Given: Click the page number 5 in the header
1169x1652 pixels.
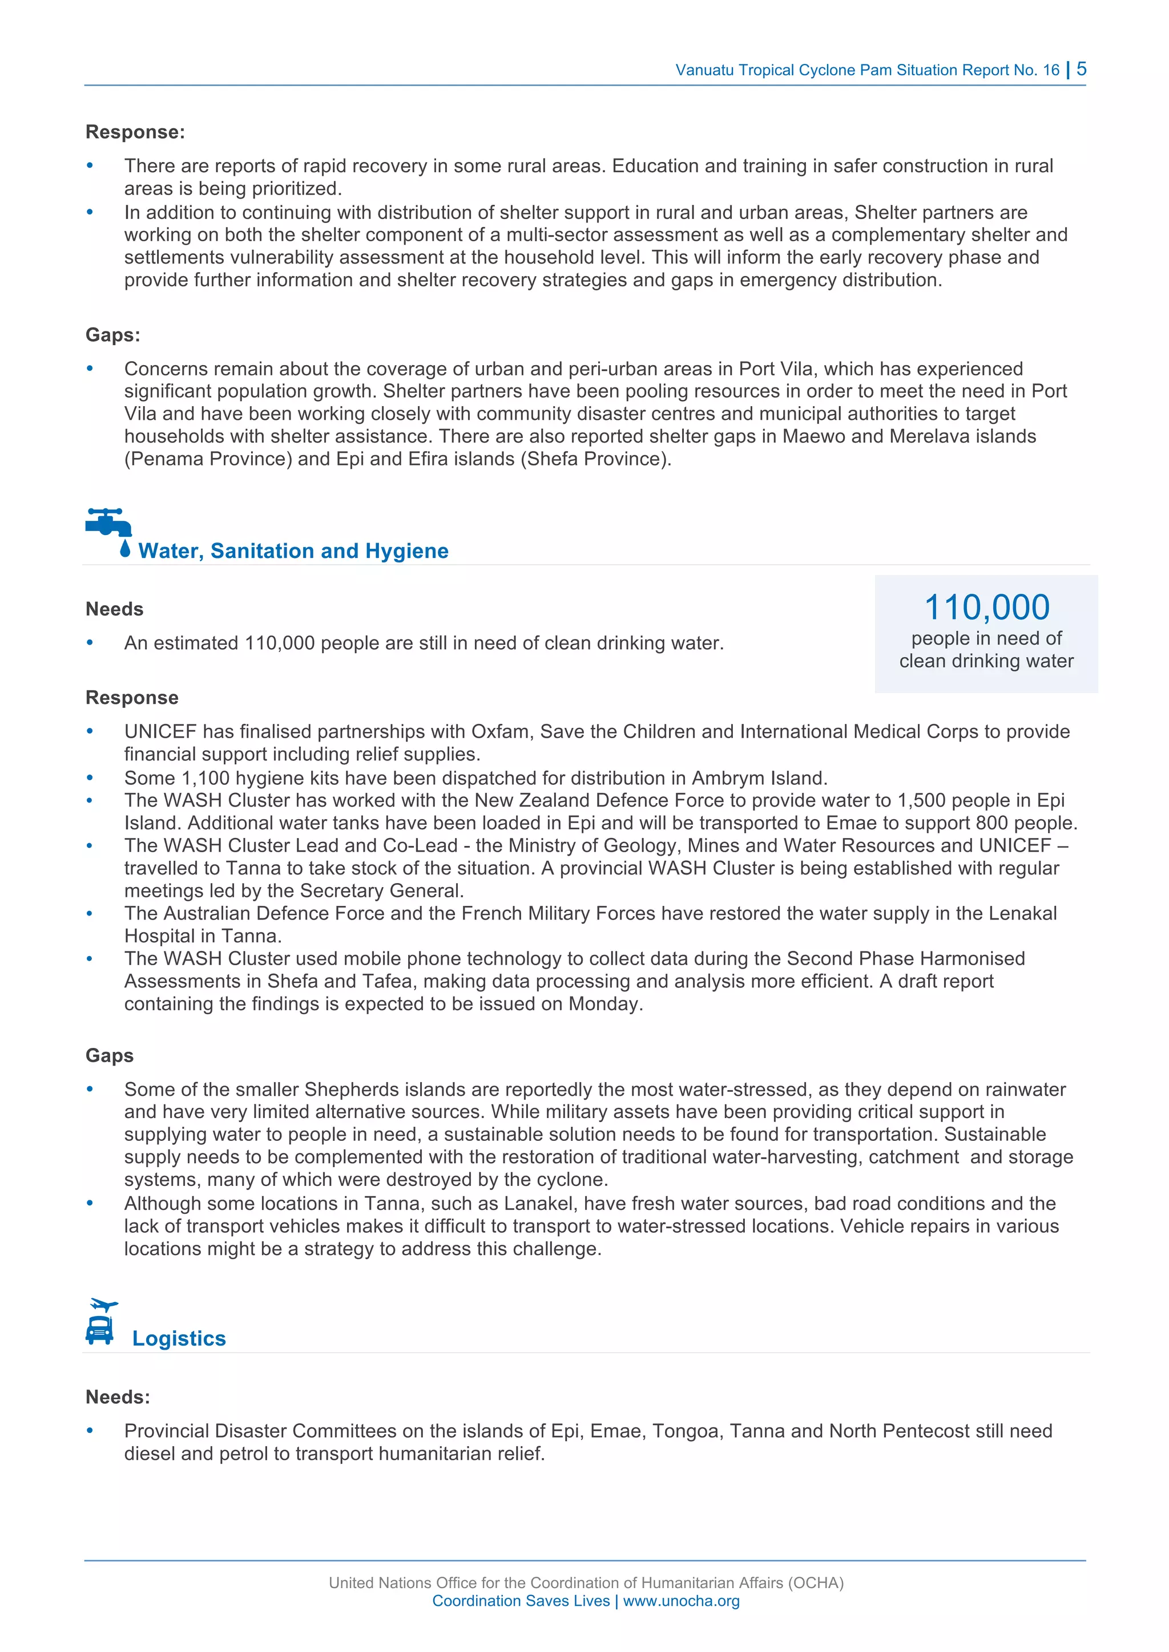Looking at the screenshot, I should (1081, 69).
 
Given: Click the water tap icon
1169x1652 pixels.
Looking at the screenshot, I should (108, 523).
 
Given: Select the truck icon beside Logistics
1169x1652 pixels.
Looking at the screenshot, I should (100, 1330).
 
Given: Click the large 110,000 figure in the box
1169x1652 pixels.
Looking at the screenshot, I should (986, 606).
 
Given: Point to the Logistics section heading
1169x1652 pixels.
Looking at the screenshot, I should (179, 1338).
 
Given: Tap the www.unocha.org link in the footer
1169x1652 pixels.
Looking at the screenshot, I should (681, 1601).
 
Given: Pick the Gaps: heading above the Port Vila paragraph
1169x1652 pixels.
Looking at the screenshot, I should (113, 335).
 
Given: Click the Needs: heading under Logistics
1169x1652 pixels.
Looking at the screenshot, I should (118, 1396).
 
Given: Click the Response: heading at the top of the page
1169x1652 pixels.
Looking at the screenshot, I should (135, 132).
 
